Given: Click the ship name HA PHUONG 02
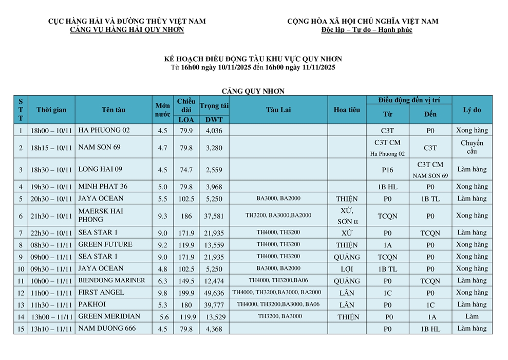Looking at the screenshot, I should [x=104, y=130].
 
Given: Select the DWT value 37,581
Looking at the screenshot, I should [x=214, y=215].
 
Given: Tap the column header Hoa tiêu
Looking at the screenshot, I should [x=347, y=110].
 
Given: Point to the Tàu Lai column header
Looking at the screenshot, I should [x=278, y=110].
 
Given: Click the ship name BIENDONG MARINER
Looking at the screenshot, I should [x=111, y=280].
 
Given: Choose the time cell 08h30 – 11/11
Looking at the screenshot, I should [x=51, y=245].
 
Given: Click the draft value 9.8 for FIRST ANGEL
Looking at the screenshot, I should [x=162, y=293].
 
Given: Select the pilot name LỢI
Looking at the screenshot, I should [x=347, y=268].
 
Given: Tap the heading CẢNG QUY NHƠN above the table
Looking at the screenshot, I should [x=253, y=91].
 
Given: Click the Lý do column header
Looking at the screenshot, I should [x=472, y=110].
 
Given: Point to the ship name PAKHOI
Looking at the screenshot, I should [x=92, y=304].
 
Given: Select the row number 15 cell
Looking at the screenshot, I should [x=21, y=329].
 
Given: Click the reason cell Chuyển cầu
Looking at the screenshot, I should [x=472, y=147].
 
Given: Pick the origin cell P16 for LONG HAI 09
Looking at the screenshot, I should [x=387, y=169].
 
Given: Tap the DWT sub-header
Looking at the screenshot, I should [x=214, y=120].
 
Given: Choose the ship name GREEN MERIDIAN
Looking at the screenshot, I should [x=109, y=316].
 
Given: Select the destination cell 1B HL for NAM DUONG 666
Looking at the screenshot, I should [x=430, y=329].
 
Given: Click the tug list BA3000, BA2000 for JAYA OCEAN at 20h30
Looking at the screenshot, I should [x=278, y=199].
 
